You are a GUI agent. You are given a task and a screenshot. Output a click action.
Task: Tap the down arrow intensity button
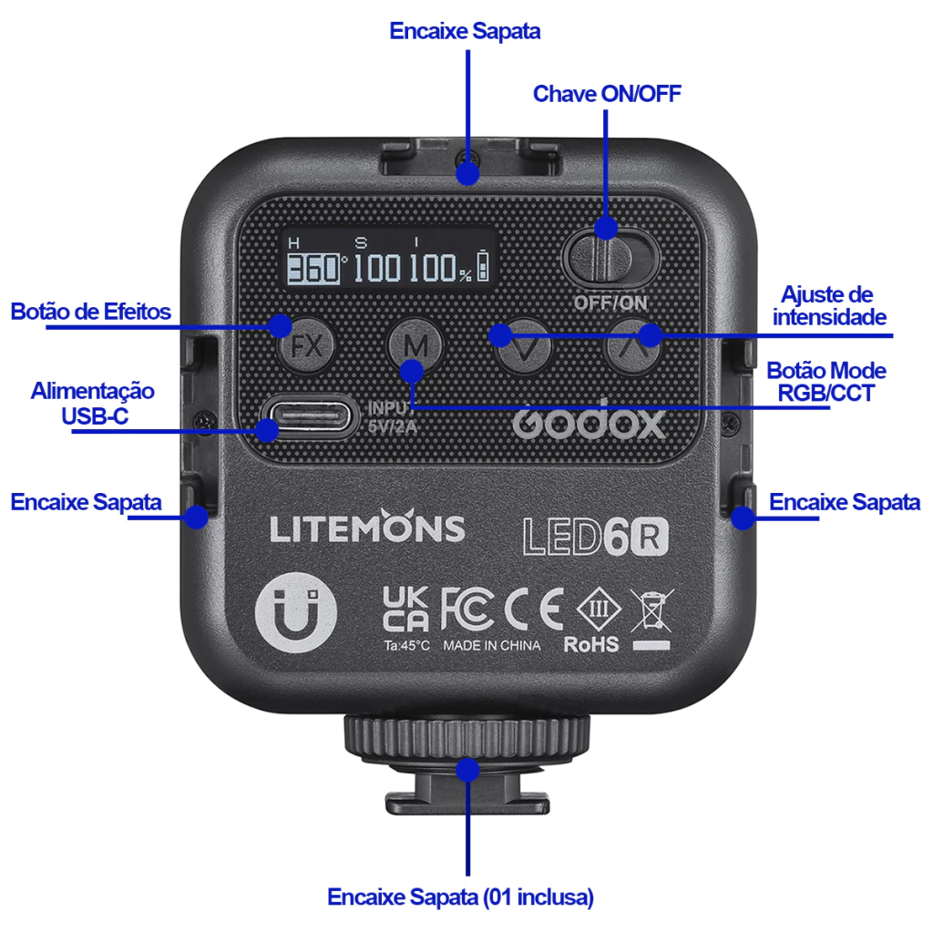[524, 347]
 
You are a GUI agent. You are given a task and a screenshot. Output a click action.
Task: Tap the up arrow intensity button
[634, 347]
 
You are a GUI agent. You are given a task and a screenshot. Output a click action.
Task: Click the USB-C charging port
[305, 418]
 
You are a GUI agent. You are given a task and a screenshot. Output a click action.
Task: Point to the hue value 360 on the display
[313, 269]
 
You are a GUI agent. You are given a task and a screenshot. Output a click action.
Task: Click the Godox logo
[589, 422]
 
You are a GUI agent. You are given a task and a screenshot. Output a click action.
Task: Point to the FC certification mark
[466, 609]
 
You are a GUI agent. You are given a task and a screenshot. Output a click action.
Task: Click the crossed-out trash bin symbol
[651, 610]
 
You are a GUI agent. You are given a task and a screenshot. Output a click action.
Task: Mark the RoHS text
[591, 645]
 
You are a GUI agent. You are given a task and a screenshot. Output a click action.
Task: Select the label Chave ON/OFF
[607, 94]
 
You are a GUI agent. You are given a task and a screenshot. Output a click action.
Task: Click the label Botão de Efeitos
[91, 312]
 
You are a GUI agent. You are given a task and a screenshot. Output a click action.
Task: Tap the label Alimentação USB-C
[92, 403]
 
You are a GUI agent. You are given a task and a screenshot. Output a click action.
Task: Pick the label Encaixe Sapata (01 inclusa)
[460, 897]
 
